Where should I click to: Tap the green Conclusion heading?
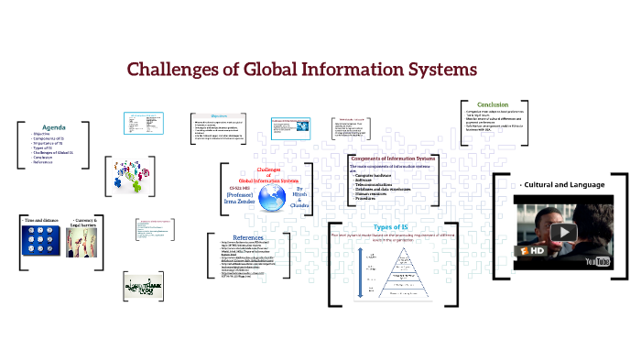[x=493, y=104]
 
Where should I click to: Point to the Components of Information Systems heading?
[x=394, y=159]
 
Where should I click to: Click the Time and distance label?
[x=39, y=221]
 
